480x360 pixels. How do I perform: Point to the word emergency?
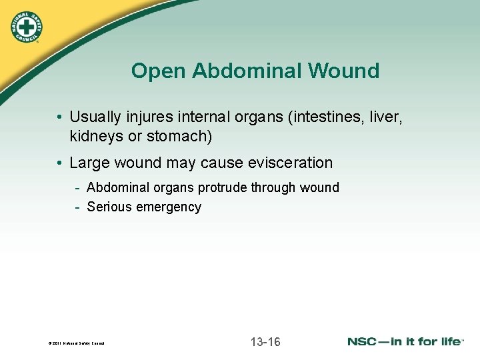point(168,207)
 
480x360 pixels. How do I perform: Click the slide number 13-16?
point(265,342)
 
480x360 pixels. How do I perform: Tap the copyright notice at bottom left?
point(76,344)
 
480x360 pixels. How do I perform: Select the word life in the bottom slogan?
point(448,342)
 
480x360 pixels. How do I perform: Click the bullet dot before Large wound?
point(60,163)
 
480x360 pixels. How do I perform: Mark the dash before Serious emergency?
point(78,207)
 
